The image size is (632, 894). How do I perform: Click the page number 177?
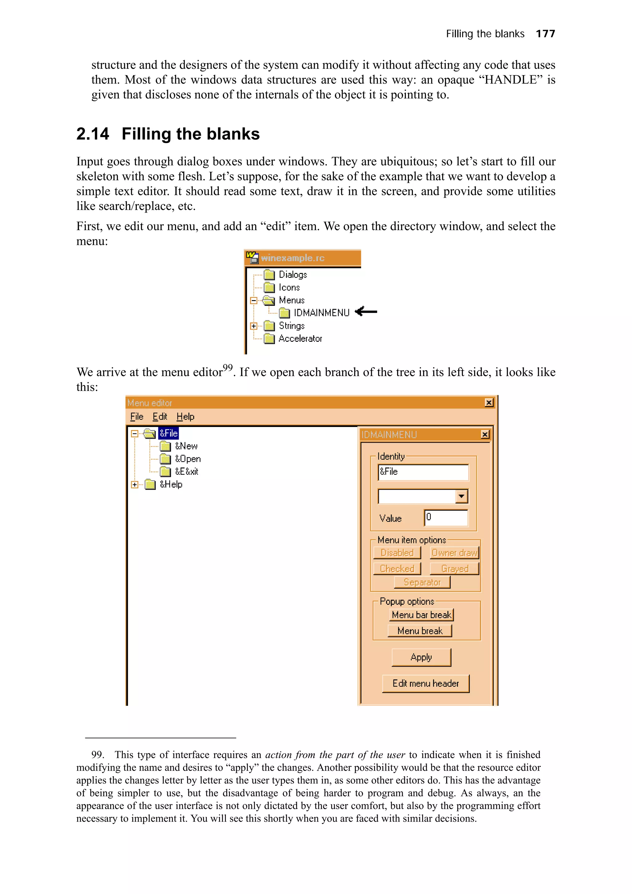point(545,34)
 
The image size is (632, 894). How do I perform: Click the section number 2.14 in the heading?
point(93,134)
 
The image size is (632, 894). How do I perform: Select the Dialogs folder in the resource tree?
point(293,275)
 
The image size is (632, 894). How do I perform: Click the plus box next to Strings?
point(253,326)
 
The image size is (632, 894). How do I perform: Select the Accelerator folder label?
point(300,338)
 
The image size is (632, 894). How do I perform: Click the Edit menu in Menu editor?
point(159,417)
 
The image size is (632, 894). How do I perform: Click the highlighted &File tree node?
point(168,433)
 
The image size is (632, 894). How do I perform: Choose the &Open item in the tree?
point(187,459)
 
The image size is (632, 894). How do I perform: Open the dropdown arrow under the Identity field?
point(461,496)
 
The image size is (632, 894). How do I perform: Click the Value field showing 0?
point(446,517)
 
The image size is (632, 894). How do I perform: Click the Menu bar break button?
point(421,615)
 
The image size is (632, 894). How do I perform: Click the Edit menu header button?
point(425,683)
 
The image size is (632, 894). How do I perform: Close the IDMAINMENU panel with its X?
point(485,435)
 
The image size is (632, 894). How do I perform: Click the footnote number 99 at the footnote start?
point(97,755)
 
